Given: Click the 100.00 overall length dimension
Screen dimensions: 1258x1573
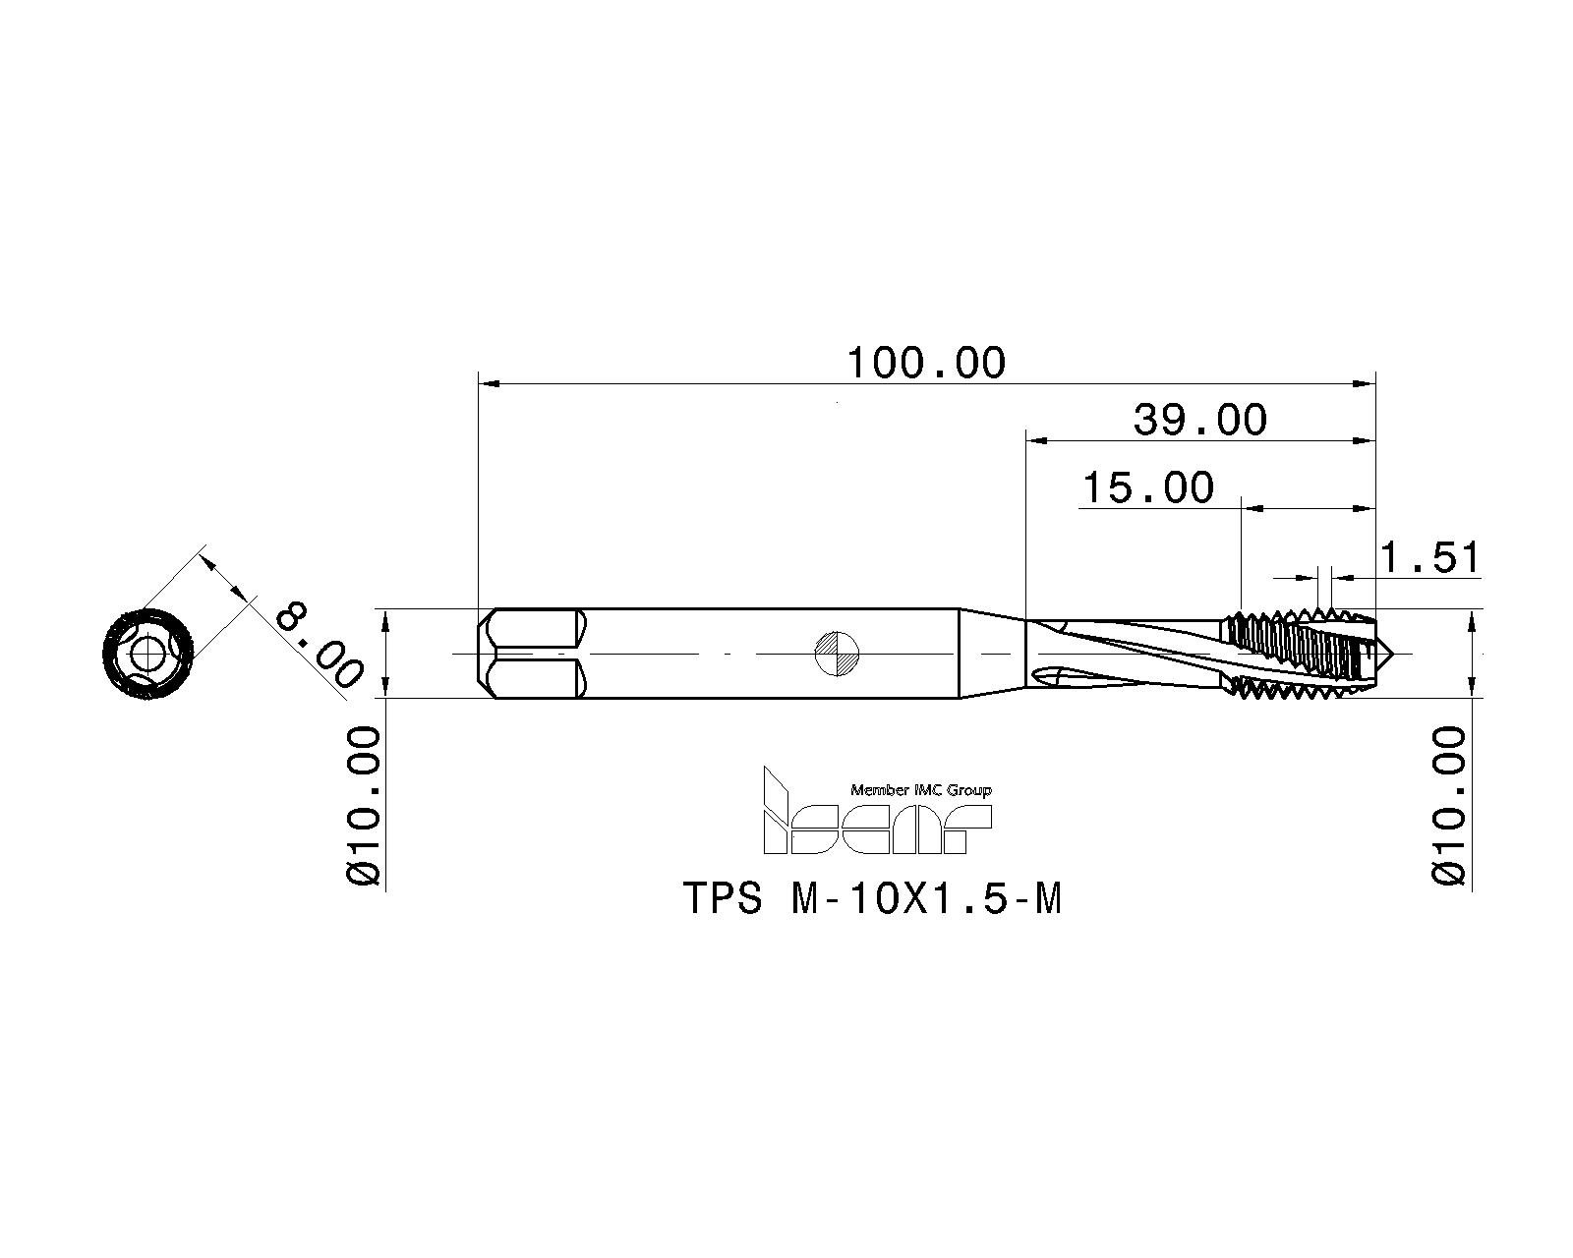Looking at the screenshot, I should click(926, 363).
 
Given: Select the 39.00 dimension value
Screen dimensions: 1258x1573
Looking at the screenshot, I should click(1200, 421).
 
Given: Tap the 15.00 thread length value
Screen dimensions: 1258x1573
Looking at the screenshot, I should click(1147, 487).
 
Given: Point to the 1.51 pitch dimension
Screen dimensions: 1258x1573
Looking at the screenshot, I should click(1429, 558).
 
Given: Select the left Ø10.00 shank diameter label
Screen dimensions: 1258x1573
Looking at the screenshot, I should click(365, 805).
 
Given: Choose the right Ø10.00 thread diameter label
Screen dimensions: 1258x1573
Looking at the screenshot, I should click(1449, 805).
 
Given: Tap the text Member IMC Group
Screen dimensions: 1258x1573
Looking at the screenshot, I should click(920, 790).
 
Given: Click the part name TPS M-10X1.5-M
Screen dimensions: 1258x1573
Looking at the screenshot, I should click(873, 898).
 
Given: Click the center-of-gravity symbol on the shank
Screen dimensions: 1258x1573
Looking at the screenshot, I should click(838, 654).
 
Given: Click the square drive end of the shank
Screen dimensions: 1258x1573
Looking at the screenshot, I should click(532, 654).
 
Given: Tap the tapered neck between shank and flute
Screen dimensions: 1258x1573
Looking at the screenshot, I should click(991, 654).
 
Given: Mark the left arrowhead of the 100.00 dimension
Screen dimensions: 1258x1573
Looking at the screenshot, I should click(488, 383).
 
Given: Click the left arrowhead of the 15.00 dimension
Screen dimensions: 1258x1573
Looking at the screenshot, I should click(1252, 508).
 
